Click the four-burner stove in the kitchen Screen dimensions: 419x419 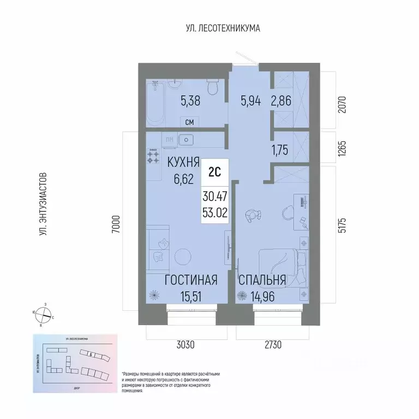coord(153,157)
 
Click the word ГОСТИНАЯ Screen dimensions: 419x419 coord(191,280)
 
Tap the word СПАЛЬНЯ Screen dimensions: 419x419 coord(262,280)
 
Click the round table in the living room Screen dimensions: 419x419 coord(182,257)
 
